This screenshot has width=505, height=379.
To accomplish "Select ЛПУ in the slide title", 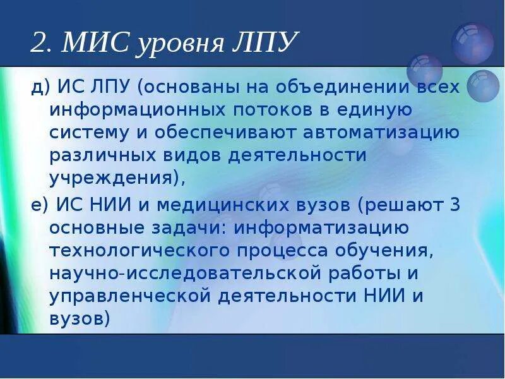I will [266, 44].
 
